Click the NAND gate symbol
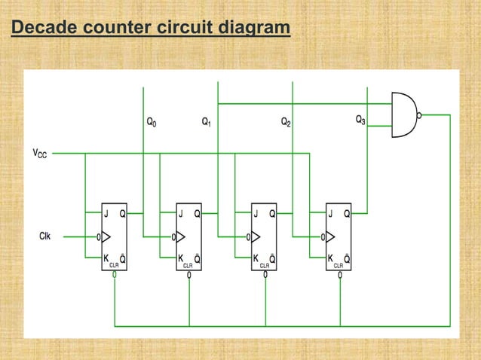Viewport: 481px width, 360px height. (403, 114)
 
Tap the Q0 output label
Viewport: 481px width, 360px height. (152, 121)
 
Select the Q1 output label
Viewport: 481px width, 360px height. (207, 121)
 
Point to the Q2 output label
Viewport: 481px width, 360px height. (286, 121)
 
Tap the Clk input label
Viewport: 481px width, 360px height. (46, 236)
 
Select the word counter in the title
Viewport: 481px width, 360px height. (115, 29)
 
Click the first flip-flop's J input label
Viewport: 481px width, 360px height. (106, 213)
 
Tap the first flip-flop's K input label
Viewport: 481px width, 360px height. (106, 258)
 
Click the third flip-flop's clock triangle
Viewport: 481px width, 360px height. (257, 237)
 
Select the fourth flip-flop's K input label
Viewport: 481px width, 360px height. (330, 258)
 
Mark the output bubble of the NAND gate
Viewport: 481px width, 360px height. (419, 115)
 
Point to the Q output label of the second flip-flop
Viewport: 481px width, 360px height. (197, 213)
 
